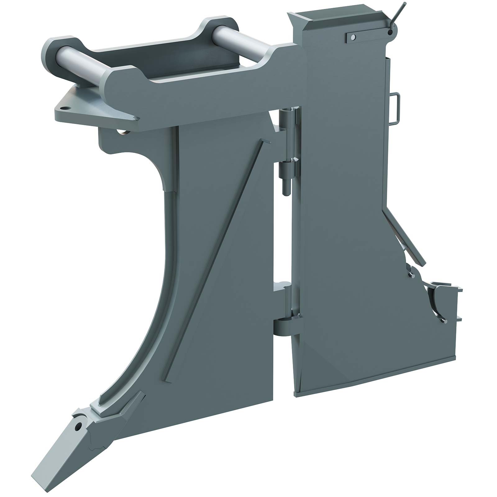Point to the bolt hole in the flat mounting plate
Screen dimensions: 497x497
pos(64,109)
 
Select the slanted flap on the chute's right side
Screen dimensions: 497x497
pos(404,236)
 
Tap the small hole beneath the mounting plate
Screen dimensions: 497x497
pos(123,132)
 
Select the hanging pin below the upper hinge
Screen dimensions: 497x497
pos(285,183)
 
